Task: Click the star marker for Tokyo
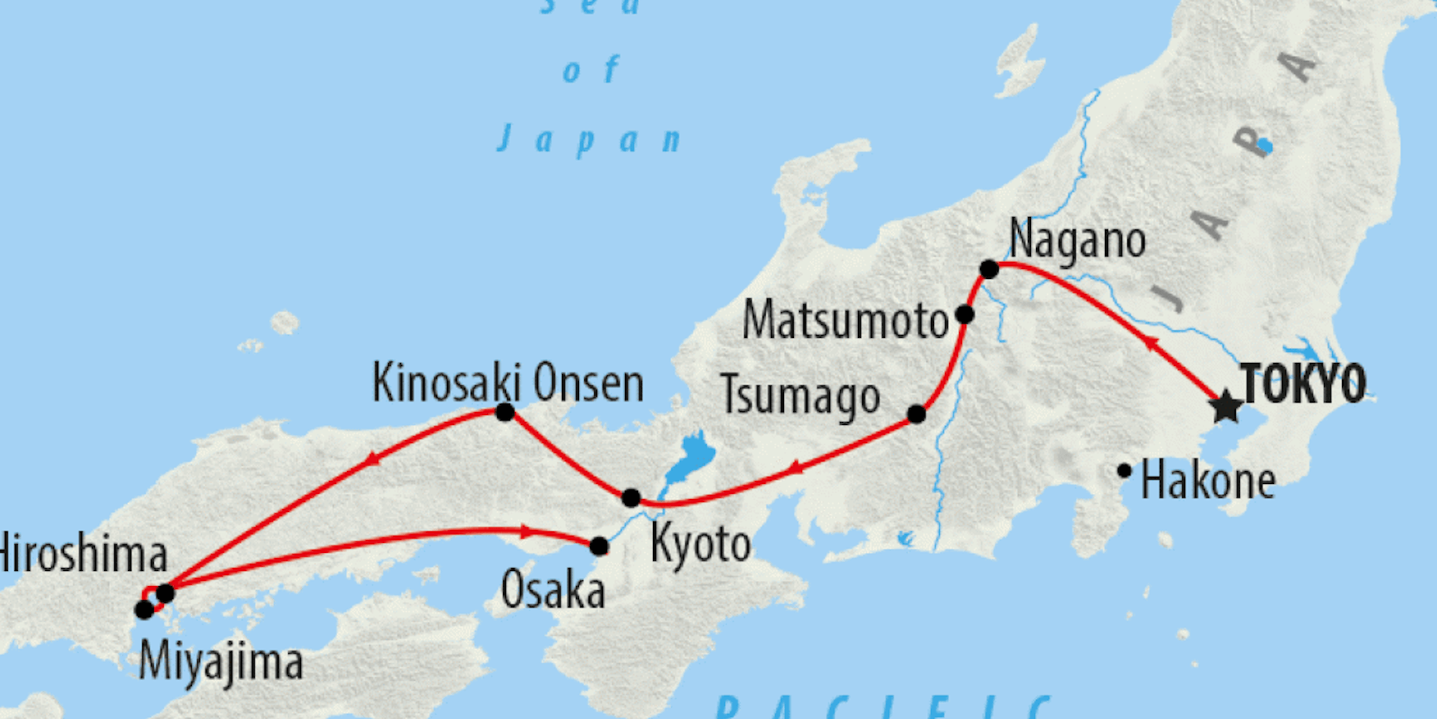pyautogui.click(x=1226, y=407)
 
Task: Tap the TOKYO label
pyautogui.click(x=1303, y=384)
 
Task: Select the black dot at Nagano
pyautogui.click(x=989, y=270)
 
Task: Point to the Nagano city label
pyautogui.click(x=1077, y=241)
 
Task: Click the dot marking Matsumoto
pyautogui.click(x=965, y=314)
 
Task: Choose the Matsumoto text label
pyautogui.click(x=846, y=321)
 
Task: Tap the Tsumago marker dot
pyautogui.click(x=916, y=414)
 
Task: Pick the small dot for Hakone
pyautogui.click(x=1124, y=471)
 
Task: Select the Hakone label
pyautogui.click(x=1208, y=482)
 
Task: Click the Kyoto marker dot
pyautogui.click(x=631, y=498)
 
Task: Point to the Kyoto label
pyautogui.click(x=701, y=545)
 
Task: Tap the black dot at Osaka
pyautogui.click(x=599, y=546)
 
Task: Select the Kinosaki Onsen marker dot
pyautogui.click(x=505, y=412)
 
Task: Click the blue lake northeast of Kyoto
pyautogui.click(x=688, y=457)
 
